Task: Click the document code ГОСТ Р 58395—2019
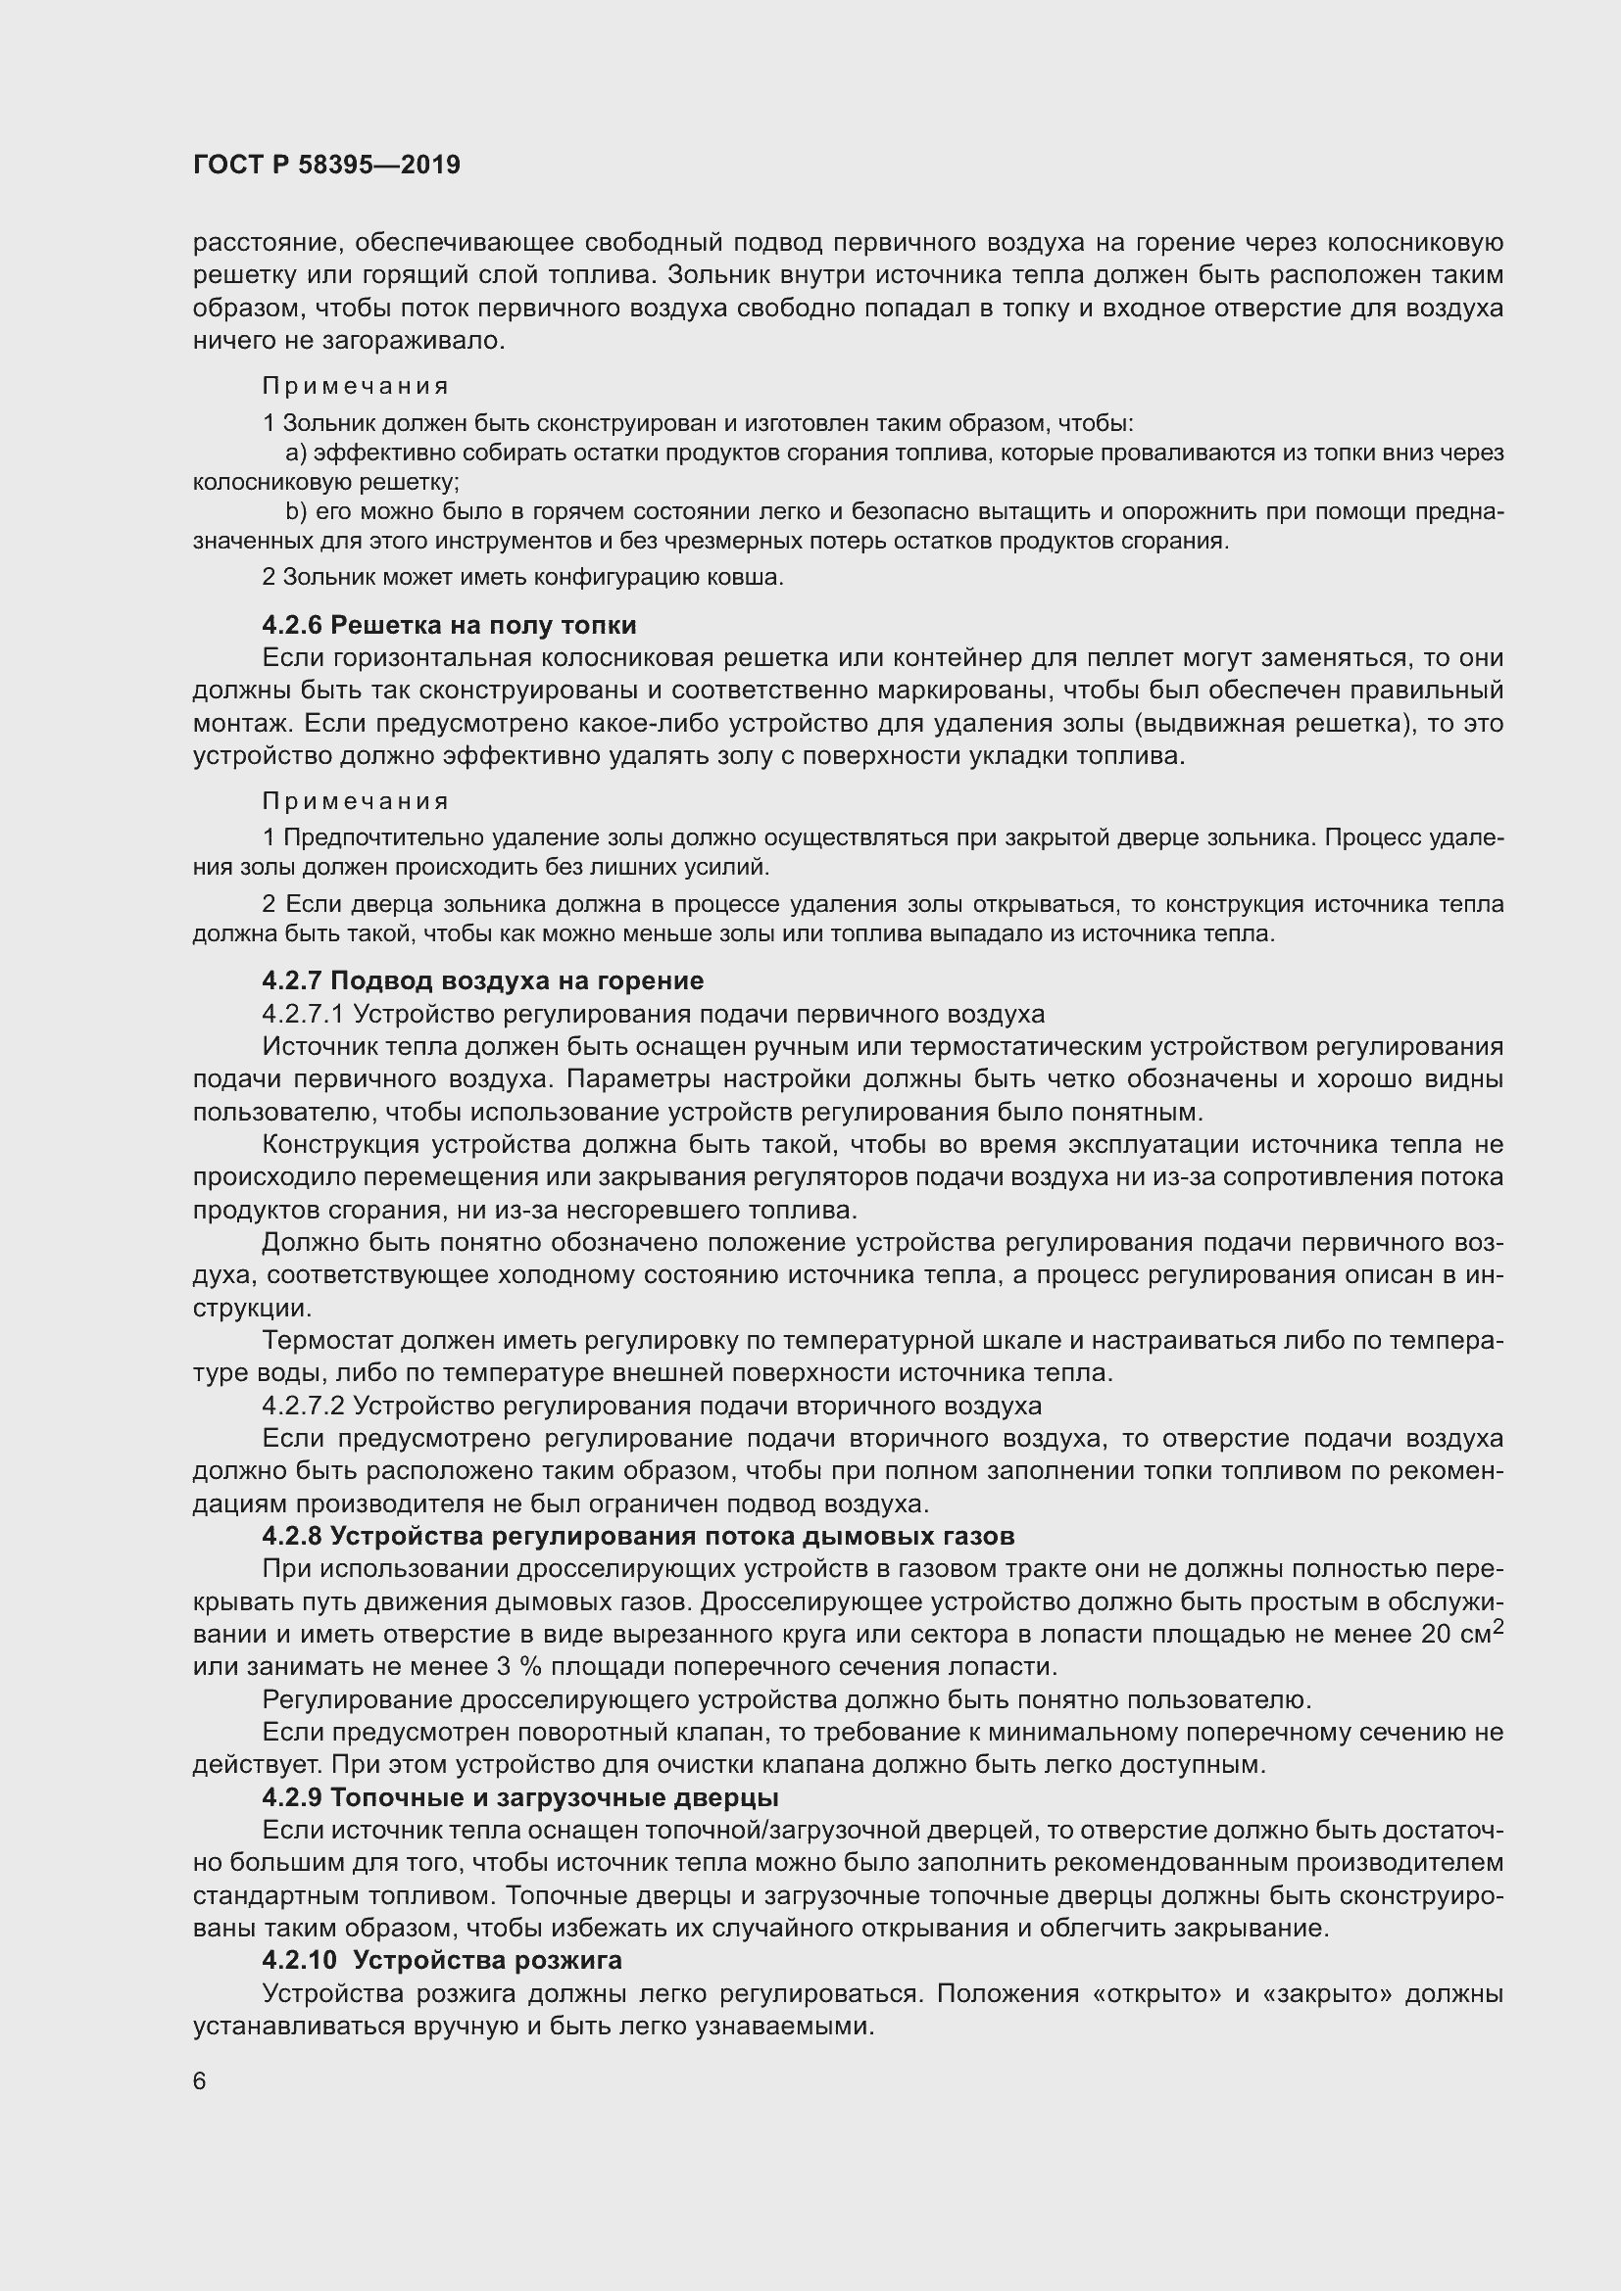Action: [x=326, y=165]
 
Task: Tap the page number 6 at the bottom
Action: [x=200, y=2080]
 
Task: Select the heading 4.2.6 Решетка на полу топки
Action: [x=449, y=626]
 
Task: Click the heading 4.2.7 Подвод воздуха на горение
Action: [x=483, y=980]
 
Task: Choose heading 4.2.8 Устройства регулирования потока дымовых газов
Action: [x=638, y=1537]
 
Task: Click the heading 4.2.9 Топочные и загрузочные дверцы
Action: [x=520, y=1797]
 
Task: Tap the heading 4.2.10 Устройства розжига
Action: [x=442, y=1960]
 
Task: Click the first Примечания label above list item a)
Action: [x=356, y=386]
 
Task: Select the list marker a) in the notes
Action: [x=295, y=454]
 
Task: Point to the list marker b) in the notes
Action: [x=295, y=513]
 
